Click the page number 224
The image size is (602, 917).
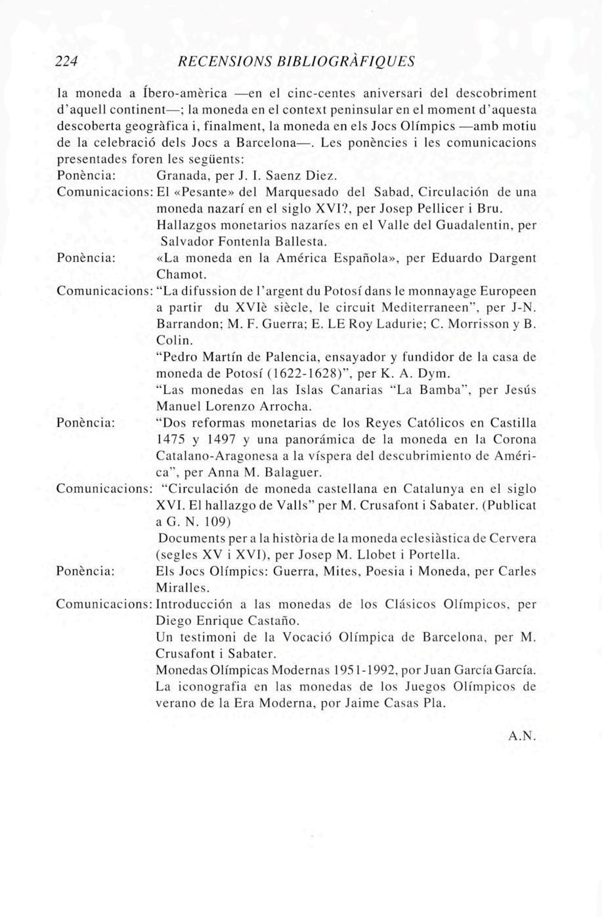point(66,62)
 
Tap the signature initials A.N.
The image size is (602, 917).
point(523,736)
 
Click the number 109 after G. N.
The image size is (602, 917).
point(217,522)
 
